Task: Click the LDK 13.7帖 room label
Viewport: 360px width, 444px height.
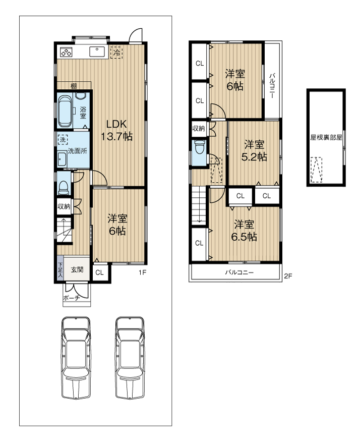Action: (x=118, y=130)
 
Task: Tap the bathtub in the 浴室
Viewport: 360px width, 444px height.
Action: (x=66, y=111)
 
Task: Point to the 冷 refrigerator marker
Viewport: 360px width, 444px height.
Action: (x=116, y=51)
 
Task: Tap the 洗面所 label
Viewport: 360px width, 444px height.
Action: (x=77, y=150)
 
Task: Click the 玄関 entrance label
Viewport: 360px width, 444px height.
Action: (x=77, y=269)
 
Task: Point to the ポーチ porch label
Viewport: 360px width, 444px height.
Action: (x=71, y=299)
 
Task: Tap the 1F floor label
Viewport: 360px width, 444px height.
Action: (x=143, y=273)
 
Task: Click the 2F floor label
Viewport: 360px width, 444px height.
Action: (x=288, y=276)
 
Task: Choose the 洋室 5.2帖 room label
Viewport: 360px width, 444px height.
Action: (x=254, y=150)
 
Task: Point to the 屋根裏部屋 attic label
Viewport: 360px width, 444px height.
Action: (x=326, y=137)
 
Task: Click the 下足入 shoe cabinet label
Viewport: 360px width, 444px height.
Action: (x=59, y=269)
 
